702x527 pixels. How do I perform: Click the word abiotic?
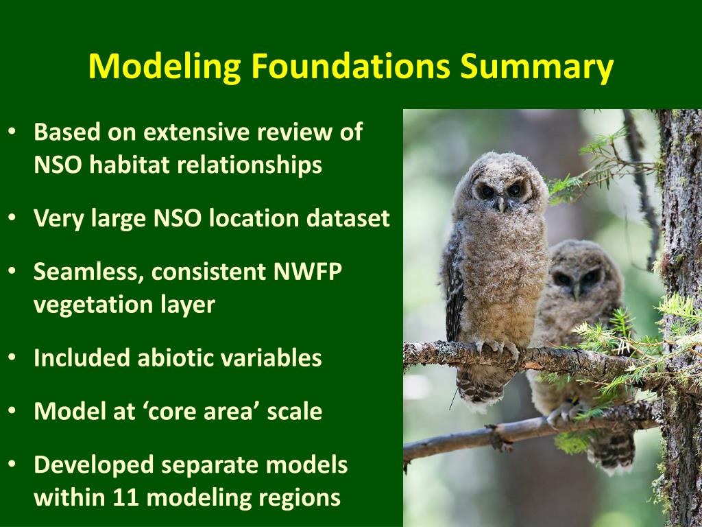170,358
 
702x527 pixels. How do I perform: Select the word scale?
295,412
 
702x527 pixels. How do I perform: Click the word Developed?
94,465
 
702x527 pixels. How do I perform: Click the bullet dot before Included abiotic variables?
12,358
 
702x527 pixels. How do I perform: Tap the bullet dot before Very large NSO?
12,218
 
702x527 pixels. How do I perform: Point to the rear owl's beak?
576,292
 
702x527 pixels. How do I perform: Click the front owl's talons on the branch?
497,347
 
